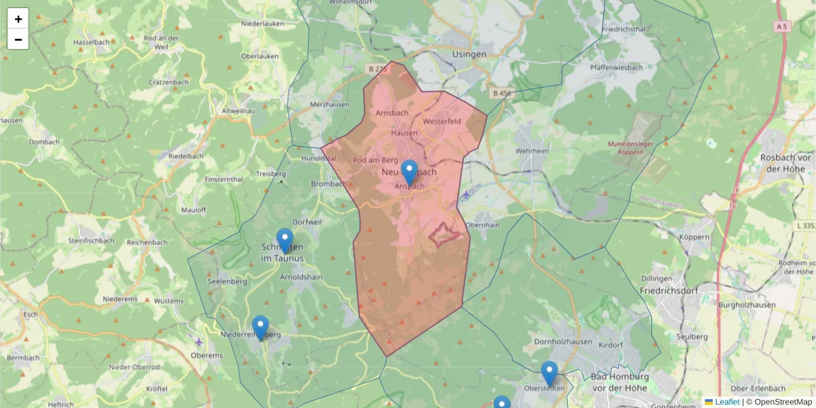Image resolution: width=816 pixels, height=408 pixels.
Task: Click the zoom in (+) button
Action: point(18,18)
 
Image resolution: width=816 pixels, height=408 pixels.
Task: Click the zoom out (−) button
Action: point(18,39)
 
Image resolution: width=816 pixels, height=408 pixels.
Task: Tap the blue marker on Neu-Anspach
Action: point(409,171)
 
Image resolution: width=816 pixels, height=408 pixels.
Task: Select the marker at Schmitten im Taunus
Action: point(285,240)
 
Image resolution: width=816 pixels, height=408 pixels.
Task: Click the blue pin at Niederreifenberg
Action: point(260,327)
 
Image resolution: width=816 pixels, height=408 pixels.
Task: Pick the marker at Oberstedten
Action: point(549,373)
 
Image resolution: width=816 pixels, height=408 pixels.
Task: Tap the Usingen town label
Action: point(469,54)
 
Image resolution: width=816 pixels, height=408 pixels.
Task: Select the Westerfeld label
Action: point(441,121)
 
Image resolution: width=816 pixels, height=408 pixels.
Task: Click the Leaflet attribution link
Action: point(727,402)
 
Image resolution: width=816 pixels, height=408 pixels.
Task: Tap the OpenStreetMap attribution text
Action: point(779,402)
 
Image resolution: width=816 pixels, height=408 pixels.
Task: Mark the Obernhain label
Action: point(483,224)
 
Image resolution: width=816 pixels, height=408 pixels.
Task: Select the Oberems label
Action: point(207,354)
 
